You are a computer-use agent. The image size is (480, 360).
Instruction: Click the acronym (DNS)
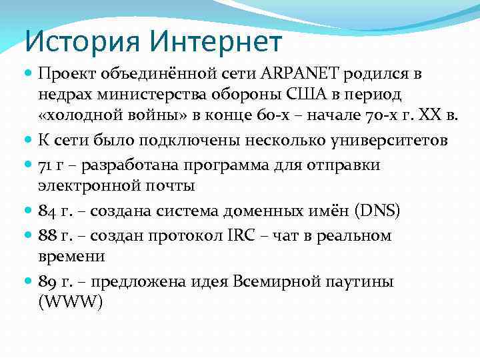[375, 212]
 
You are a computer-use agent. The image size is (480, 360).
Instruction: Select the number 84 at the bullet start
[48, 212]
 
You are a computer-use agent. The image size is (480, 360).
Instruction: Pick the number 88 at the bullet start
[48, 235]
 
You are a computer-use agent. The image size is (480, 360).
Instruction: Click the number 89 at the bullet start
[48, 281]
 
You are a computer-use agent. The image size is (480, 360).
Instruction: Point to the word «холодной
[77, 119]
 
